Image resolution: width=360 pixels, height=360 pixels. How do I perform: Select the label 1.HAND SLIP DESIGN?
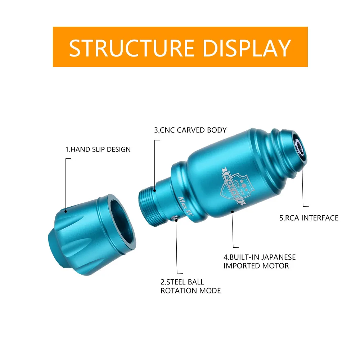(x=98, y=149)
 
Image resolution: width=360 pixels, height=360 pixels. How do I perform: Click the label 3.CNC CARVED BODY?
(x=190, y=130)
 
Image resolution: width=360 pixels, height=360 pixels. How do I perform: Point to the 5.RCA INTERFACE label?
(x=309, y=218)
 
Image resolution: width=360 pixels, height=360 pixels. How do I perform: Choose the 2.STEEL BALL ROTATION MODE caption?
(x=190, y=286)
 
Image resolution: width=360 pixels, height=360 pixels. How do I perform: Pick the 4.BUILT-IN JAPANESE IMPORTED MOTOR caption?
(x=259, y=262)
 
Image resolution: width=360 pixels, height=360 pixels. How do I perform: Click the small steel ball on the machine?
(x=175, y=218)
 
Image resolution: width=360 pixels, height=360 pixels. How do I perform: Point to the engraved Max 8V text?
(x=186, y=206)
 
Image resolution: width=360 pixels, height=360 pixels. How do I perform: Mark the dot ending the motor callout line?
(x=233, y=212)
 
